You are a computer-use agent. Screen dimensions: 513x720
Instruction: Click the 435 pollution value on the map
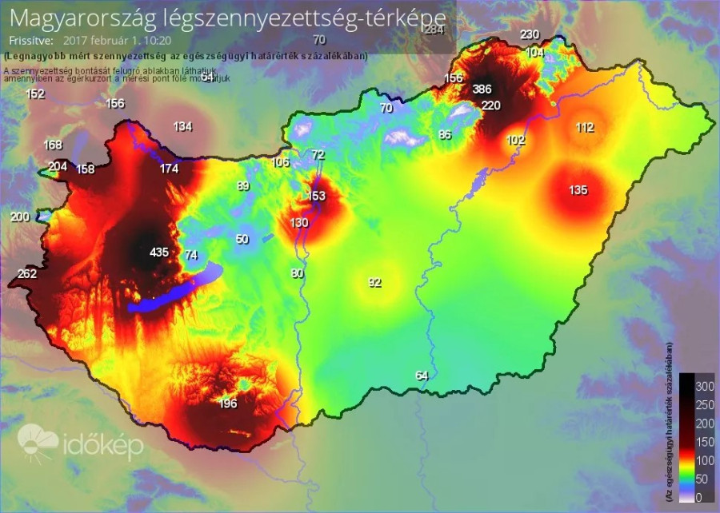point(159,253)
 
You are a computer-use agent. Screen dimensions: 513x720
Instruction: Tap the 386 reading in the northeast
point(482,89)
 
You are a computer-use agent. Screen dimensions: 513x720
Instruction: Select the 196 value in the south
point(228,404)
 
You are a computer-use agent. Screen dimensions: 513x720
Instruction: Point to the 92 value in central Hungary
point(374,282)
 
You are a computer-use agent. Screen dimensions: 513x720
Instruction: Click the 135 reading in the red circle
point(578,190)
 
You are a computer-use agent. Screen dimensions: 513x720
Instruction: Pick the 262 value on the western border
point(27,274)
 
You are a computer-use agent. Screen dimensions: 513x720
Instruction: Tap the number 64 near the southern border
point(422,376)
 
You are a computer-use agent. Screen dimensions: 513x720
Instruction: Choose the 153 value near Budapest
point(317,196)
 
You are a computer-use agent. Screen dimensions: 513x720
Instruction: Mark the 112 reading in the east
point(585,127)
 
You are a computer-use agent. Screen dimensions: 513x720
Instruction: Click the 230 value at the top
point(530,34)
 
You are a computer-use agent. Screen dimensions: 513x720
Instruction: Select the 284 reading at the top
point(434,30)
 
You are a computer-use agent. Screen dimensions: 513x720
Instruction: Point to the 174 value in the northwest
point(169,169)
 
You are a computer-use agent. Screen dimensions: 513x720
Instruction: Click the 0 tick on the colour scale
point(700,497)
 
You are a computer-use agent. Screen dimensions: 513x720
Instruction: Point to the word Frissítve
point(29,38)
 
